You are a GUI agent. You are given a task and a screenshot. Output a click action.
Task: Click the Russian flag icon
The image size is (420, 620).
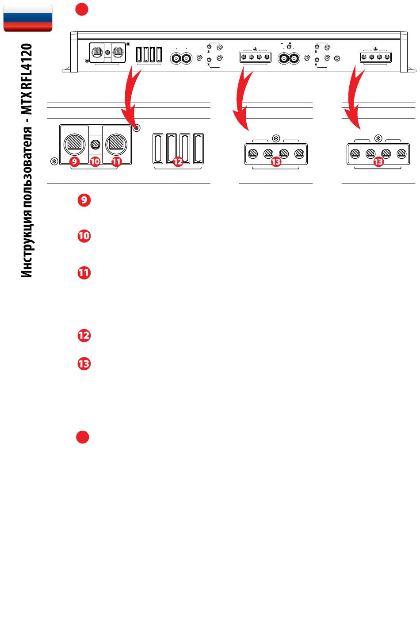pos(28,17)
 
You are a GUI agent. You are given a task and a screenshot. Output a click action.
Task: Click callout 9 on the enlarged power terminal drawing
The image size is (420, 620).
pos(74,161)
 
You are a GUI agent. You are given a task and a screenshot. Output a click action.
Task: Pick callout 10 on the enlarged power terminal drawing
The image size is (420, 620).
pos(95,161)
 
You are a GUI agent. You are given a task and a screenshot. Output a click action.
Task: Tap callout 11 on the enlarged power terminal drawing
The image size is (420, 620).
pos(116,161)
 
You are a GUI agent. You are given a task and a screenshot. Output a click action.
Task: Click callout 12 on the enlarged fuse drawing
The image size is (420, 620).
pos(178,161)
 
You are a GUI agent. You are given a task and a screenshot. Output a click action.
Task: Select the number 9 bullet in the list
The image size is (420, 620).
pos(84,200)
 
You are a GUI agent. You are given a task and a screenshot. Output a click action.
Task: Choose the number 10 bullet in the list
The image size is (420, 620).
pos(84,236)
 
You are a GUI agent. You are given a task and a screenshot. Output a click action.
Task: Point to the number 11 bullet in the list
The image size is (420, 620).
pos(84,273)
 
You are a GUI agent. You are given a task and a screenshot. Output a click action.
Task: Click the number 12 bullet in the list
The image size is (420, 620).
pos(84,336)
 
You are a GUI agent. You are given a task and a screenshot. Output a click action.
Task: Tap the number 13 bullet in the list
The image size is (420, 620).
pos(84,364)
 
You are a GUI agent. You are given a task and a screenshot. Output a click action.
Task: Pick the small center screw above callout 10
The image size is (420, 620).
pos(95,144)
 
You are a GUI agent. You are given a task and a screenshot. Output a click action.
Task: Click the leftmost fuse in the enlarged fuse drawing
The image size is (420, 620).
pos(158,149)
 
